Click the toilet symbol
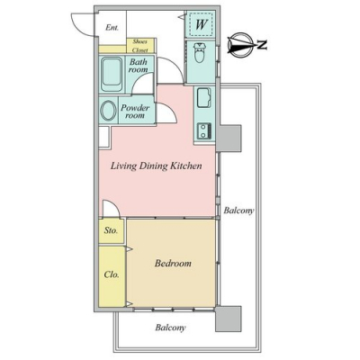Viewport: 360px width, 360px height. click(x=199, y=52)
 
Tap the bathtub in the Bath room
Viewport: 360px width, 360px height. click(x=112, y=74)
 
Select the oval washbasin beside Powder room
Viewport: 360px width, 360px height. click(x=109, y=110)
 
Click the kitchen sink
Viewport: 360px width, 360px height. click(x=203, y=97)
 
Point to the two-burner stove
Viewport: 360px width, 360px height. click(x=204, y=131)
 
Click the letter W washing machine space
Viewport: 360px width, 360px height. click(x=202, y=24)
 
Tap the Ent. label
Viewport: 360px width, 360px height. click(x=112, y=28)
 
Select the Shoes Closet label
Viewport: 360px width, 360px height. click(x=140, y=46)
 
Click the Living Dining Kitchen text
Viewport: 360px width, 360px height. click(x=156, y=166)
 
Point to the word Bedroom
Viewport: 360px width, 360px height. click(x=173, y=264)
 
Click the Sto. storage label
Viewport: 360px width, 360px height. click(x=111, y=230)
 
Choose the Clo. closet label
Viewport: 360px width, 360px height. click(x=112, y=274)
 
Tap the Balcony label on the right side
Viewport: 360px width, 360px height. click(x=238, y=211)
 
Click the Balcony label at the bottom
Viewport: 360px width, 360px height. click(x=170, y=328)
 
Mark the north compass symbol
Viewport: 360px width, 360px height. click(x=239, y=45)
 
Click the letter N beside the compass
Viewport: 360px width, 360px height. click(x=263, y=45)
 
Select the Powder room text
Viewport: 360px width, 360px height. click(x=135, y=112)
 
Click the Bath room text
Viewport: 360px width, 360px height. click(x=138, y=66)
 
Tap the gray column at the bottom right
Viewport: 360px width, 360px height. click(x=229, y=319)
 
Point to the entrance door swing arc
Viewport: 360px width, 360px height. click(x=76, y=28)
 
